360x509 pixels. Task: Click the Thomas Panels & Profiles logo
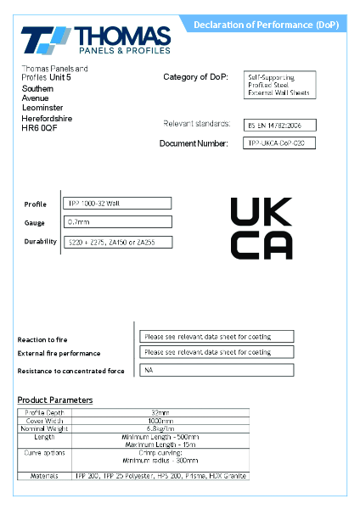pyautogui.click(x=95, y=40)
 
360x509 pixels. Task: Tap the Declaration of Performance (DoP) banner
pyautogui.click(x=266, y=25)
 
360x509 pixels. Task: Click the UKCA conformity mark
pyautogui.click(x=262, y=227)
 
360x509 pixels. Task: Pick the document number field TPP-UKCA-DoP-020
pyautogui.click(x=279, y=143)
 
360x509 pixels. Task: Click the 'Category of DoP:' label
pyautogui.click(x=195, y=77)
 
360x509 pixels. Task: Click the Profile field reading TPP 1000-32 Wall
pyautogui.click(x=118, y=204)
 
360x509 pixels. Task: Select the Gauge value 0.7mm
pyautogui.click(x=118, y=222)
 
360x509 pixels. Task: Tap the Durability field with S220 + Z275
pyautogui.click(x=118, y=243)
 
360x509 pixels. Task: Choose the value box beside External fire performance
pyautogui.click(x=217, y=352)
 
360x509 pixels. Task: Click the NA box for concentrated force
pyautogui.click(x=217, y=370)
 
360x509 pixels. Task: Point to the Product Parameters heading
pyautogui.click(x=55, y=400)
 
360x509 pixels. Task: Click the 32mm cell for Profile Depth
pyautogui.click(x=160, y=413)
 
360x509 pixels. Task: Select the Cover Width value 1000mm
pyautogui.click(x=160, y=421)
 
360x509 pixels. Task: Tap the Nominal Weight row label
pyautogui.click(x=44, y=428)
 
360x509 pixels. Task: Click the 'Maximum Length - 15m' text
pyautogui.click(x=160, y=445)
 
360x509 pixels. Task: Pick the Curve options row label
pyautogui.click(x=44, y=453)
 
